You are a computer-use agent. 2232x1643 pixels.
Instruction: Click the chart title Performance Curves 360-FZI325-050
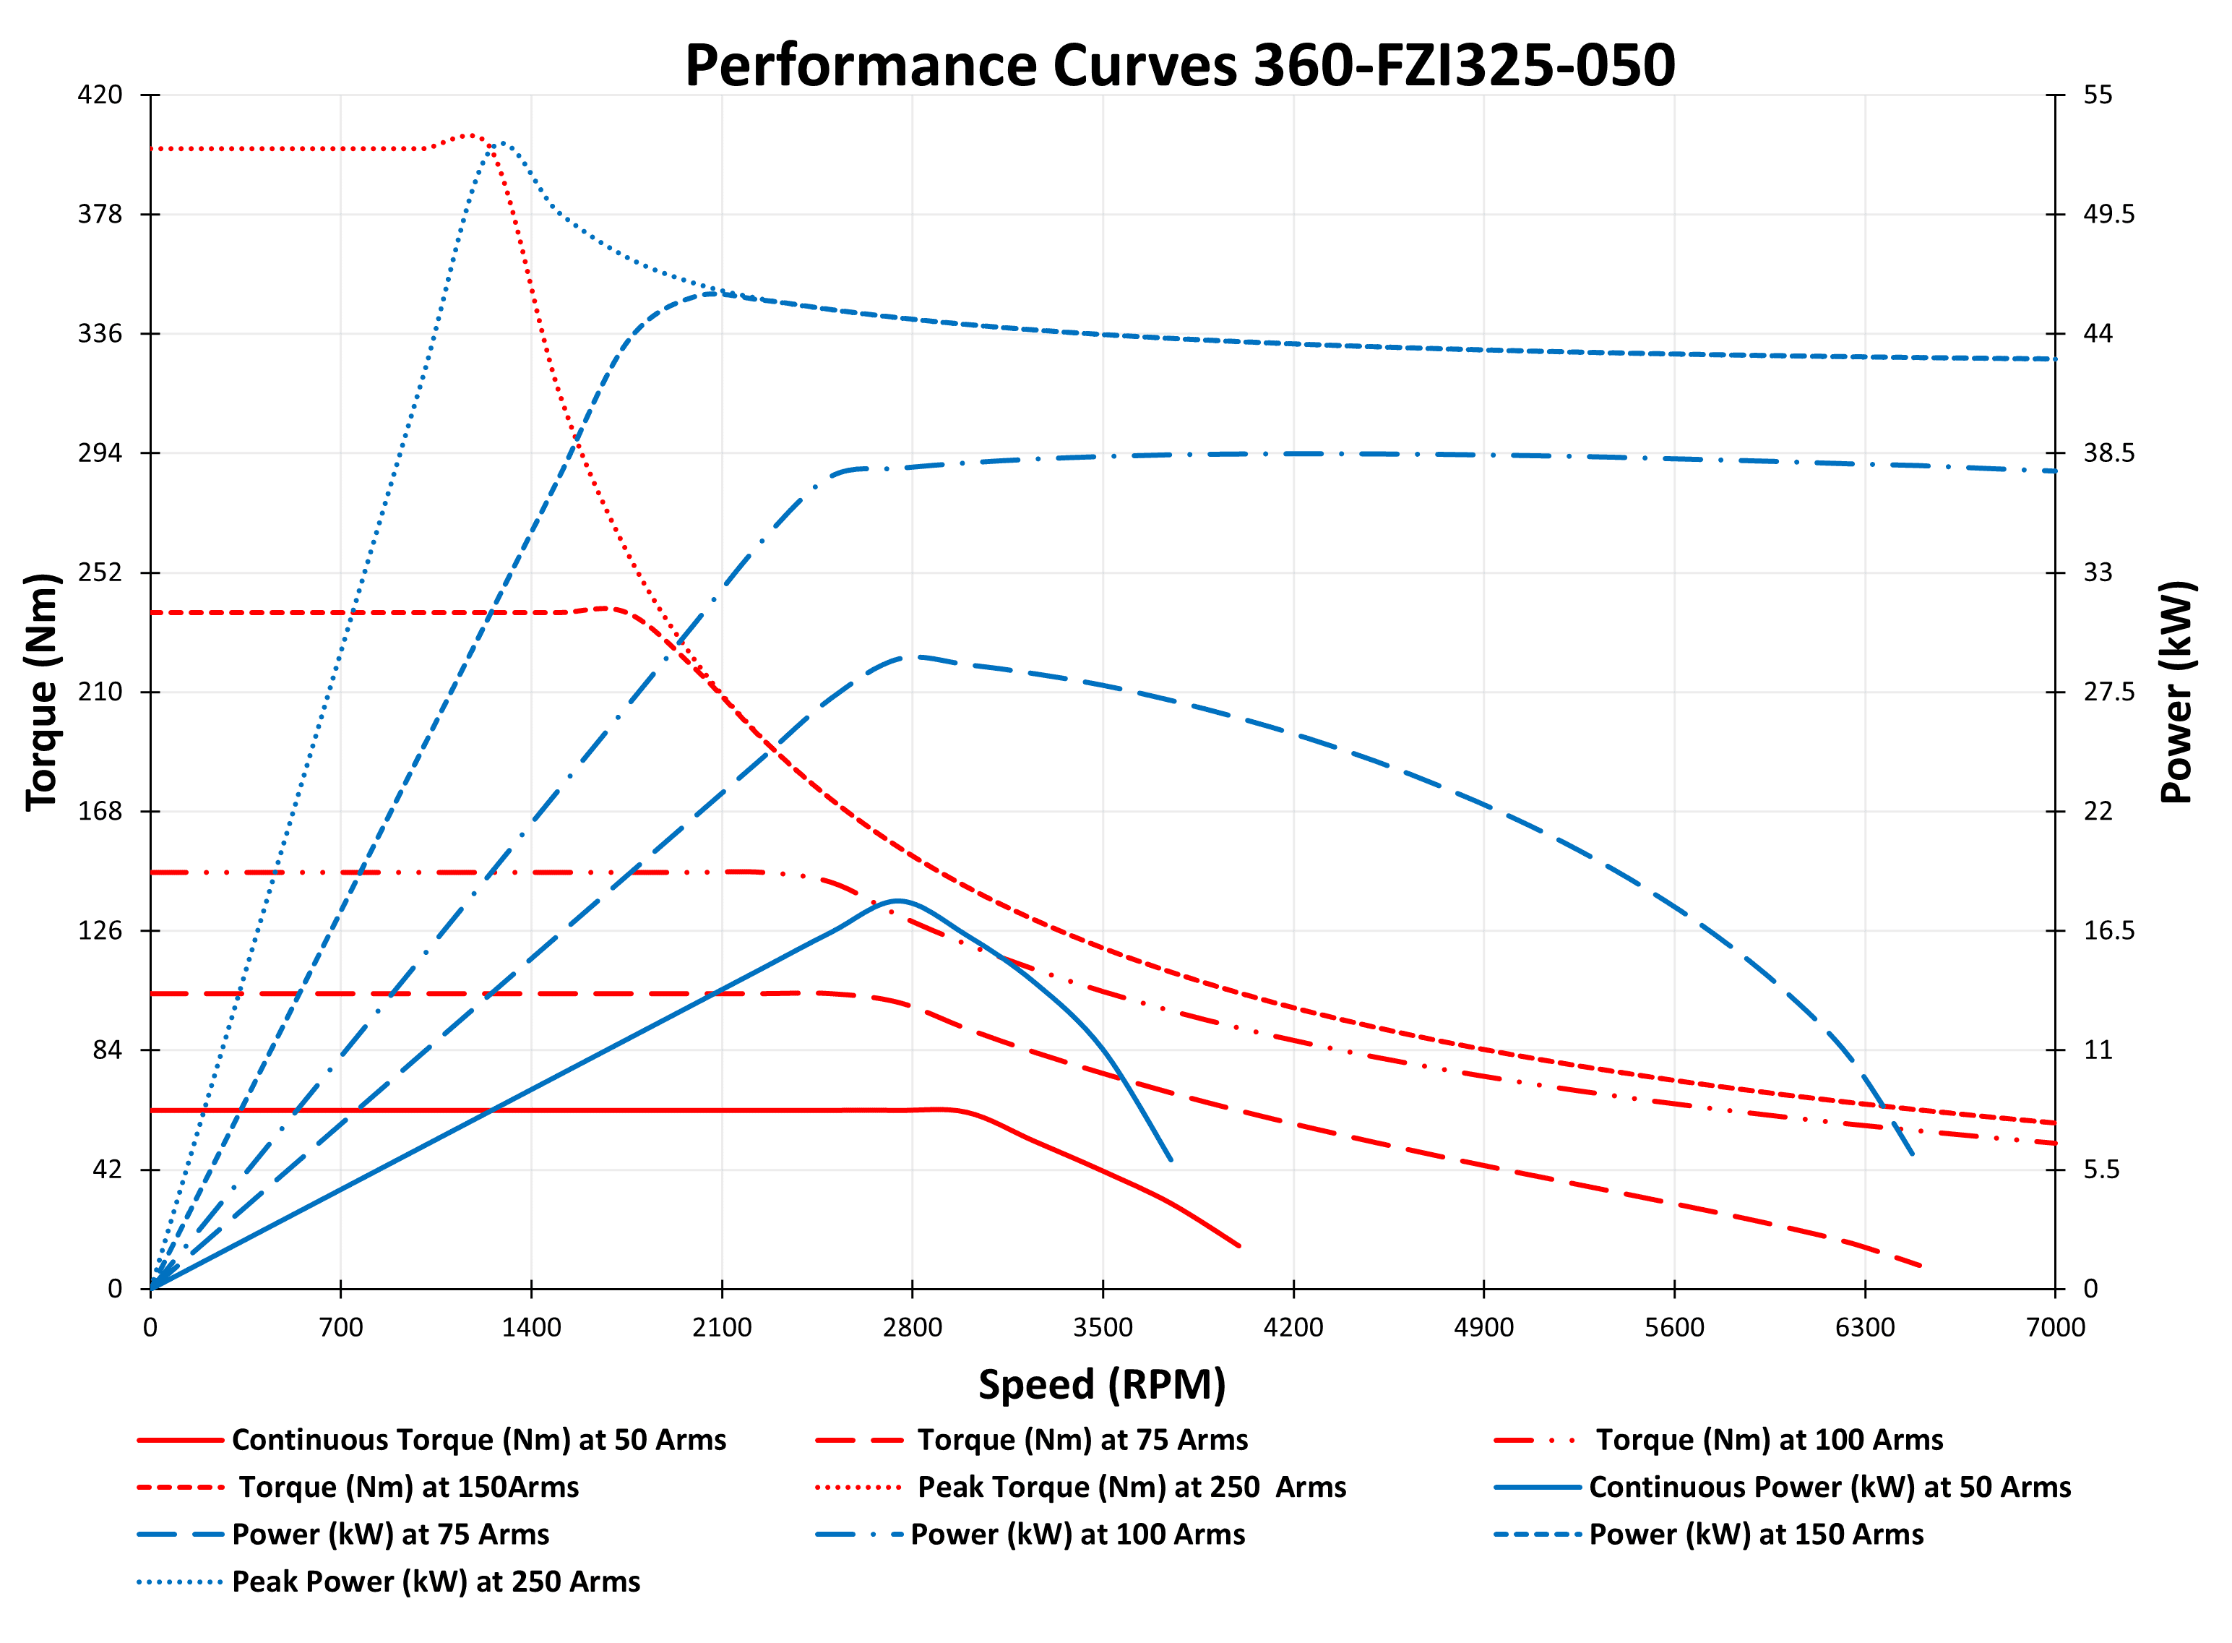[x=1179, y=66]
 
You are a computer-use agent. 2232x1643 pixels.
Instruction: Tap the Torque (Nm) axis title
[x=42, y=692]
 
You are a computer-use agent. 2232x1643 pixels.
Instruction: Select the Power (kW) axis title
[x=2176, y=692]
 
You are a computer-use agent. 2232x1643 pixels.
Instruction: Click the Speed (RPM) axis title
[x=1102, y=1384]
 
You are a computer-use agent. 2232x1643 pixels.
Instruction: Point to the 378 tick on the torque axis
[x=100, y=214]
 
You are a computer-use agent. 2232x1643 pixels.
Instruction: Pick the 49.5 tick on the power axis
[x=2108, y=214]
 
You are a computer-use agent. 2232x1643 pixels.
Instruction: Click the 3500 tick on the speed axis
[x=1102, y=1326]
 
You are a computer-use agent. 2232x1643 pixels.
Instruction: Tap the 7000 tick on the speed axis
[x=2055, y=1326]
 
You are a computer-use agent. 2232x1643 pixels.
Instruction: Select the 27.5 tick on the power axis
[x=2108, y=691]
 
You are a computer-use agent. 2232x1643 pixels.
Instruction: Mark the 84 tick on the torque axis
[x=106, y=1050]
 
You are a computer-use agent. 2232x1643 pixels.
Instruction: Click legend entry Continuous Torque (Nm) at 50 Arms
[x=478, y=1439]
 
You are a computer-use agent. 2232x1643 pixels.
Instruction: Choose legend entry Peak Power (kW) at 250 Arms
[x=436, y=1582]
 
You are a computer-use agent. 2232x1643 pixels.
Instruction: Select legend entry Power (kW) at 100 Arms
[x=1077, y=1534]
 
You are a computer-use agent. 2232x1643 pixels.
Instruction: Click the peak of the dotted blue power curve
[x=500, y=142]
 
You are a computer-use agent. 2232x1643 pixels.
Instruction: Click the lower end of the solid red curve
[x=1238, y=1245]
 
